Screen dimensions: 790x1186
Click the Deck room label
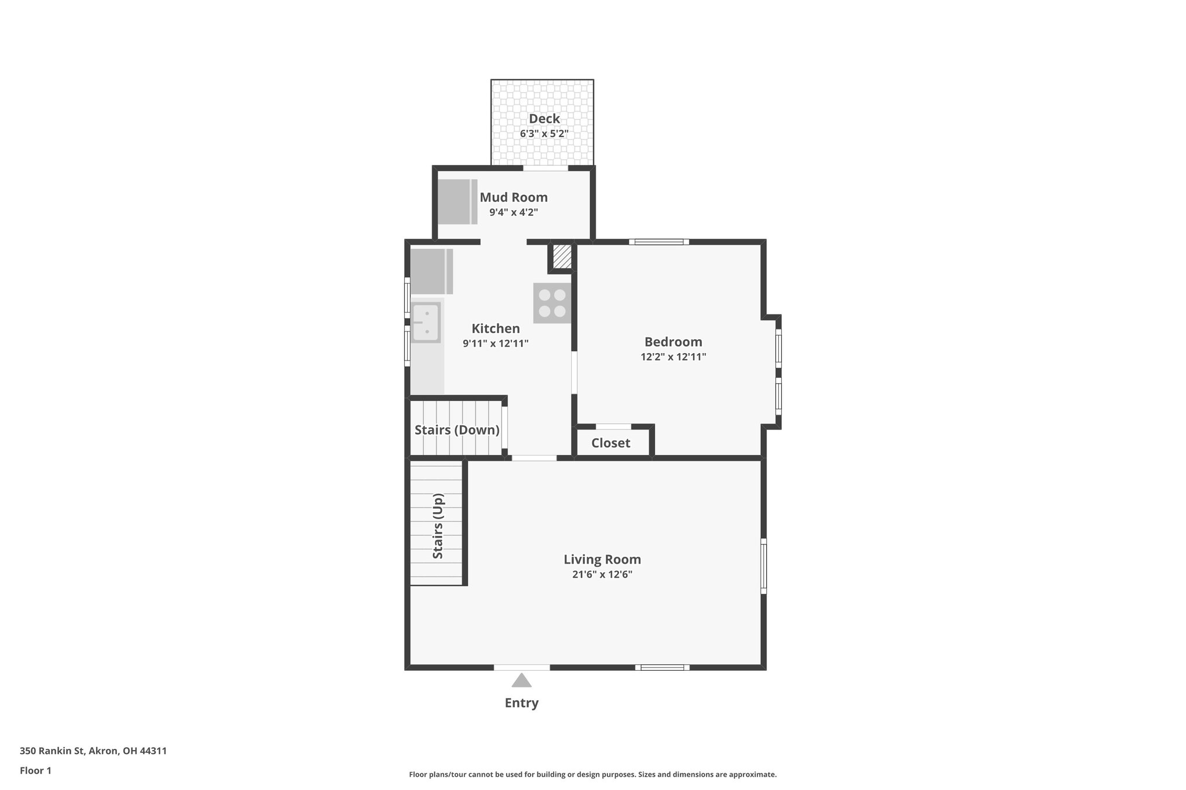[544, 119]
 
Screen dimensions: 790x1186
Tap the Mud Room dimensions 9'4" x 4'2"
[514, 212]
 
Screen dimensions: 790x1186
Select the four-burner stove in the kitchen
[552, 303]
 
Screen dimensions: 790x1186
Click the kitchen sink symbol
[426, 322]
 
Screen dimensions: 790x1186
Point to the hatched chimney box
[561, 256]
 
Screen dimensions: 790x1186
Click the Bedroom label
[673, 341]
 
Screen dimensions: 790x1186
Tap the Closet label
[610, 443]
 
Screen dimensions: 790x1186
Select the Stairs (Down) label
[456, 430]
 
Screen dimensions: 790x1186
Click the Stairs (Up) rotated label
[438, 526]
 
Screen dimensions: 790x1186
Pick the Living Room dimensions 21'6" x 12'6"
[602, 575]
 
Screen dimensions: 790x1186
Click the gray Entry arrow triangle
[521, 680]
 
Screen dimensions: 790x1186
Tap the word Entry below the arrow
[521, 703]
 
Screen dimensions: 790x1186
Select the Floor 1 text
[35, 771]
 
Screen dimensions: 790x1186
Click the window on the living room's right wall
[763, 566]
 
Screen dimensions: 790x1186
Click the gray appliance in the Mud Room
[457, 201]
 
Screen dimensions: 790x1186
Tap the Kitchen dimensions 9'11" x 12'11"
[495, 344]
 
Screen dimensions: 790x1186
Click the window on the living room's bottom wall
[662, 667]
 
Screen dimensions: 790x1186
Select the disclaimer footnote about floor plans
[592, 774]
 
